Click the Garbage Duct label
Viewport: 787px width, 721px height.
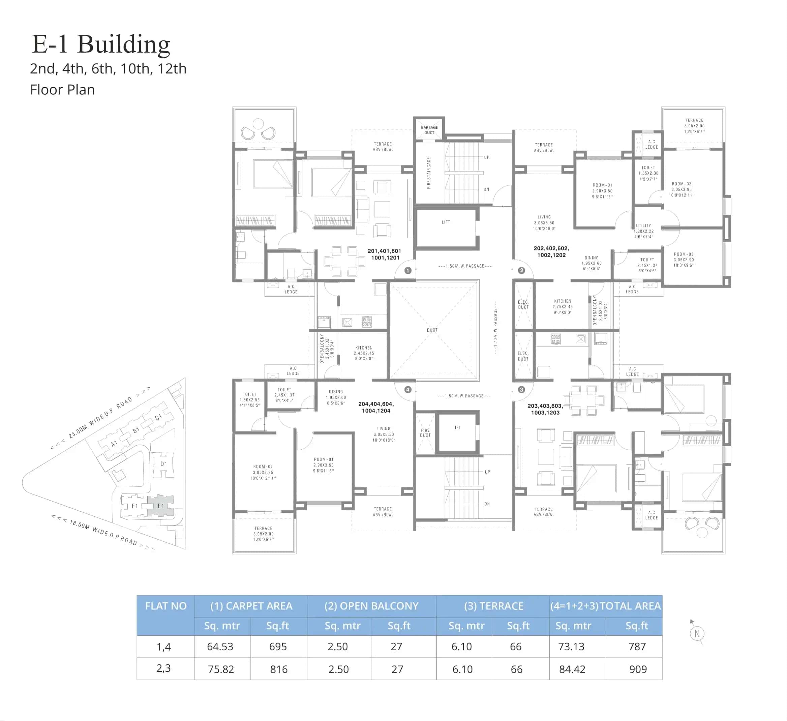point(429,130)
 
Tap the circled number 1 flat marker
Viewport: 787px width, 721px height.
point(408,271)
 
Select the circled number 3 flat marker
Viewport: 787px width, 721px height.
point(521,390)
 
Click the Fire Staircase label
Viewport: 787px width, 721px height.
point(429,173)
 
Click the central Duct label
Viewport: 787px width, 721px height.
point(432,330)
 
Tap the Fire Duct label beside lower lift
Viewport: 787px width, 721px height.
point(425,432)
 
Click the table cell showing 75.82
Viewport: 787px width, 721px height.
point(221,669)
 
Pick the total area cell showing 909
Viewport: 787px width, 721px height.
point(638,669)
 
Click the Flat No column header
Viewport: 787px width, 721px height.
point(165,606)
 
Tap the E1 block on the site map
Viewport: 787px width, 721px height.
point(160,506)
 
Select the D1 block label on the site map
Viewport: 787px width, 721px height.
point(163,464)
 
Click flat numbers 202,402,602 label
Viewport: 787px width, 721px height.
point(551,251)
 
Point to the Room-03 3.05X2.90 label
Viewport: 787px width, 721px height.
point(684,260)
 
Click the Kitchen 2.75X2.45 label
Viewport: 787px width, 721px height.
point(563,306)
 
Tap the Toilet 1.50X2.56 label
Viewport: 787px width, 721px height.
point(249,400)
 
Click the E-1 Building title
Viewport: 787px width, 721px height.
point(101,44)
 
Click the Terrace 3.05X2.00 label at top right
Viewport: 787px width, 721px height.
point(694,126)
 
